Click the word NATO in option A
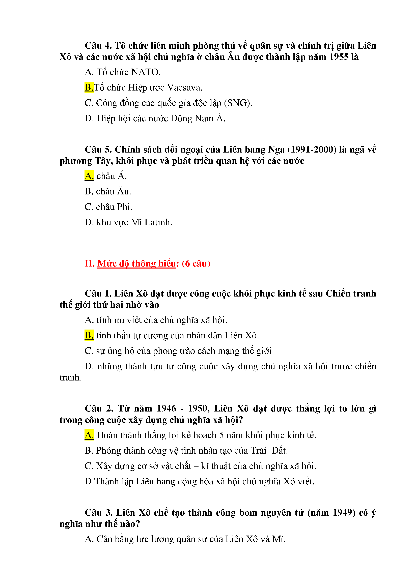146,72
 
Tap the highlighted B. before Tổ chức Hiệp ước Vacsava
89,88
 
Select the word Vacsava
184,88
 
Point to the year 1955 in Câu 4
339,57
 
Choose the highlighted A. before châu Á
89,176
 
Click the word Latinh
158,222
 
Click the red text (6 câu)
196,263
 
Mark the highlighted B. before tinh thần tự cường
89,336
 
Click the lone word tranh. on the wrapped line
71,377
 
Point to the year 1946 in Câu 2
166,408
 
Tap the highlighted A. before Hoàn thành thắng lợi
89,435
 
